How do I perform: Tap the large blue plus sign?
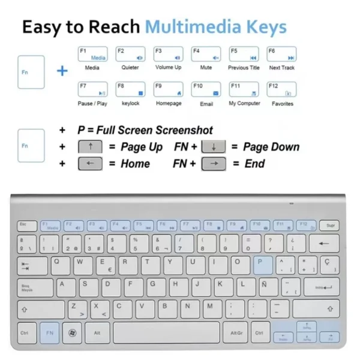pos(62,71)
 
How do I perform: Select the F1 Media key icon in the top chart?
pos(92,54)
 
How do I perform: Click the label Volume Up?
pos(169,68)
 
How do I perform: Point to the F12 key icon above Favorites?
pos(282,89)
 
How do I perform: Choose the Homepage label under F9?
pos(169,104)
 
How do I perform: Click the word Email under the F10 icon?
pos(206,104)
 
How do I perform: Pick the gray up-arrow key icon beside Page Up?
pos(91,147)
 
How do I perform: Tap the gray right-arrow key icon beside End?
pos(213,164)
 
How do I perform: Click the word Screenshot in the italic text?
pos(184,130)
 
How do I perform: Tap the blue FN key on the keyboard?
pos(50,332)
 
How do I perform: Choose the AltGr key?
pos(236,332)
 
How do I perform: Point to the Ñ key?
pos(265,286)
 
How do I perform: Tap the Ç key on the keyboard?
pos(328,265)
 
